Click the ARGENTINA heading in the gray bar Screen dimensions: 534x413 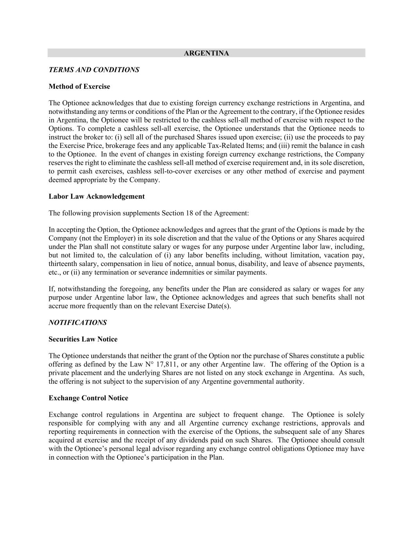(206, 53)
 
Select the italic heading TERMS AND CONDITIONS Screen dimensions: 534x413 (94, 70)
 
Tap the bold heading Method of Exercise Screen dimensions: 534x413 (79, 86)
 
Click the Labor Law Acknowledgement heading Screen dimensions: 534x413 (96, 196)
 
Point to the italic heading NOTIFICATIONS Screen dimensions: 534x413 (78, 322)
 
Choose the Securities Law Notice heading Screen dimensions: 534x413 (83, 339)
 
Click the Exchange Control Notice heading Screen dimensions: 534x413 (88, 398)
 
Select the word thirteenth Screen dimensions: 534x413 (63, 264)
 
